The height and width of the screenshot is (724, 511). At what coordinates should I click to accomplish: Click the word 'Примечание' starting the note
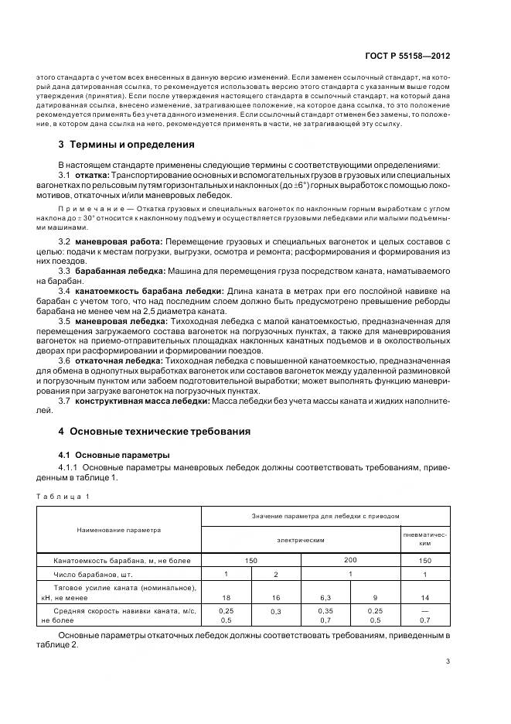pyautogui.click(x=84, y=210)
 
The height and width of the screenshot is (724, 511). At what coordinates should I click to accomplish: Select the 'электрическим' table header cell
pyautogui.click(x=300, y=540)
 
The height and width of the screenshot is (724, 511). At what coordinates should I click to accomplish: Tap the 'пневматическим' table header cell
pyautogui.click(x=425, y=539)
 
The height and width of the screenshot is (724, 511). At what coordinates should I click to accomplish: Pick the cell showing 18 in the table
pyautogui.click(x=226, y=597)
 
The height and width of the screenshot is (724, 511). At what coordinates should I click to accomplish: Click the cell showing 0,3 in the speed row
pyautogui.click(x=275, y=612)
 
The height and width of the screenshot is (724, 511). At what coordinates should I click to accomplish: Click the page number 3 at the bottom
pyautogui.click(x=448, y=661)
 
